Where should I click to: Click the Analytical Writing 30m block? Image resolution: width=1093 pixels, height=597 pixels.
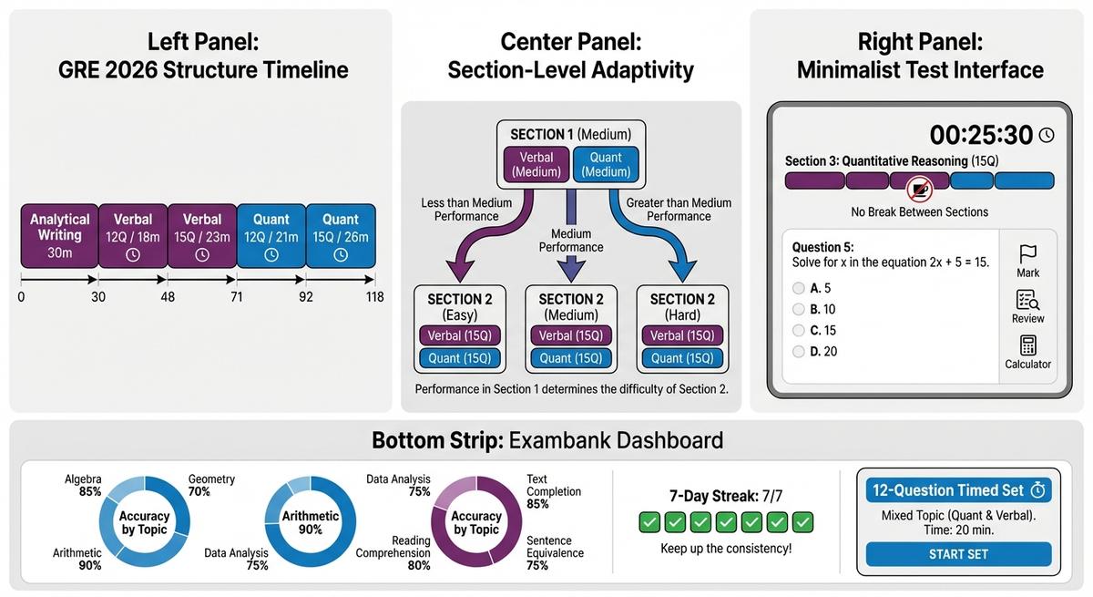click(x=59, y=236)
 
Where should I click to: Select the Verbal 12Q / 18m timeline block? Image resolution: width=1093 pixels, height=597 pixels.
click(x=132, y=236)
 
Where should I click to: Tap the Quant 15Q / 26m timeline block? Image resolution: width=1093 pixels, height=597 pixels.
click(x=340, y=236)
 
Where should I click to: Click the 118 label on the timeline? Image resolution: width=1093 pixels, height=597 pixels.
click(x=373, y=297)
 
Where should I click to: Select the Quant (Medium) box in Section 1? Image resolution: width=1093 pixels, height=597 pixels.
click(x=606, y=164)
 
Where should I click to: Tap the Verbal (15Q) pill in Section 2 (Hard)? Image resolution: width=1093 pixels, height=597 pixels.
click(x=682, y=335)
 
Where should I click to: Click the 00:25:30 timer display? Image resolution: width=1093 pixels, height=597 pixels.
click(x=981, y=135)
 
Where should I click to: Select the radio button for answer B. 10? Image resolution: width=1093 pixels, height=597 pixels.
click(x=799, y=309)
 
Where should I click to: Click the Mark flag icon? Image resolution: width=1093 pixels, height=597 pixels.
click(x=1027, y=253)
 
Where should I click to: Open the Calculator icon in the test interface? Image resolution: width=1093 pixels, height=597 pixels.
click(x=1028, y=345)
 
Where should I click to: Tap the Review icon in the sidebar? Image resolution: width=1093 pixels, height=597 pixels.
click(x=1027, y=300)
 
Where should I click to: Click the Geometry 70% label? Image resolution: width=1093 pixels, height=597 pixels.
click(x=211, y=485)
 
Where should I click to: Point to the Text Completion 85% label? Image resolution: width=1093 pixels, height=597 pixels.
click(x=554, y=491)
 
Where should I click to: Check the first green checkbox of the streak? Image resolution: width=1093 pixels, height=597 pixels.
click(x=649, y=522)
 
